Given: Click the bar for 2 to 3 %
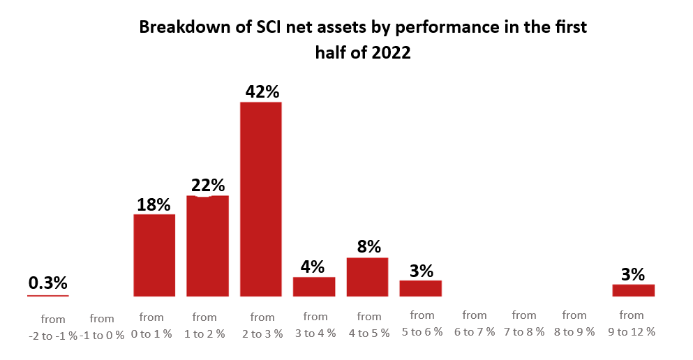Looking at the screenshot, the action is tap(261, 200).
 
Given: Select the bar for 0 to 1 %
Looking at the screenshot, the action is tap(154, 255).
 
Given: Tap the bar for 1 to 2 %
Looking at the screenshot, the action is tap(208, 246).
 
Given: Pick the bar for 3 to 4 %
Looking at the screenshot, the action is tap(314, 287).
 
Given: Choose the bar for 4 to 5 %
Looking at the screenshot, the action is tap(367, 277).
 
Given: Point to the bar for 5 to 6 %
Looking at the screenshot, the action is tap(421, 288).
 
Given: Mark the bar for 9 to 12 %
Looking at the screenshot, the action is tap(634, 290).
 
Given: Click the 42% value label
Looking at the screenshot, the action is tap(262, 91).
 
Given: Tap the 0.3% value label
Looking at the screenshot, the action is tap(47, 283).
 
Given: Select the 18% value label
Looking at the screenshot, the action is tap(154, 204).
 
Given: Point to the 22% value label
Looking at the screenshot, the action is tap(208, 185).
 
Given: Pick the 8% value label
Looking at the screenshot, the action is tap(369, 246).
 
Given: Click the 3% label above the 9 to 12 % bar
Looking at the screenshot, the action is tap(633, 274).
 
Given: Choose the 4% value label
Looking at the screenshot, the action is tap(313, 267).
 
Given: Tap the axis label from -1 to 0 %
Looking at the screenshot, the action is tap(102, 327).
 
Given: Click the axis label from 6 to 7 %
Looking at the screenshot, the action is tap(475, 323).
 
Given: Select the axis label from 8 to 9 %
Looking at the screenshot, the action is tap(574, 323).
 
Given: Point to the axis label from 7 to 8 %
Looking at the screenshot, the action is tap(524, 323).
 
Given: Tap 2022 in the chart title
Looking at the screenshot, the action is tap(391, 52).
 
